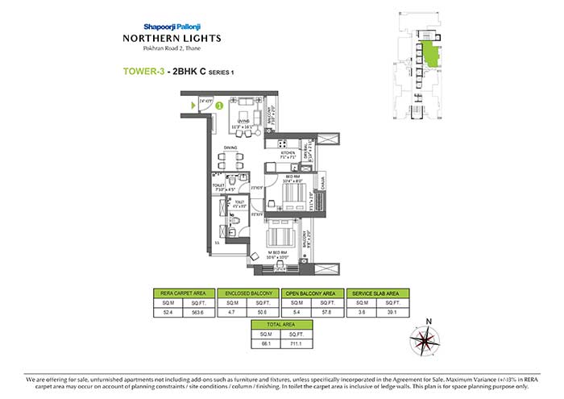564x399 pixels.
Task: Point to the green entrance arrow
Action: tap(193, 106)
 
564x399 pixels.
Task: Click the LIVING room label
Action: tap(243, 122)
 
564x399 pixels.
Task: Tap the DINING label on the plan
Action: tap(231, 148)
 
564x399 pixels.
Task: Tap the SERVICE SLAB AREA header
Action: tap(376, 293)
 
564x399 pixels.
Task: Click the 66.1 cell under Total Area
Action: tap(265, 344)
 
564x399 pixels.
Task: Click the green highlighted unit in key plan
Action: tap(433, 57)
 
